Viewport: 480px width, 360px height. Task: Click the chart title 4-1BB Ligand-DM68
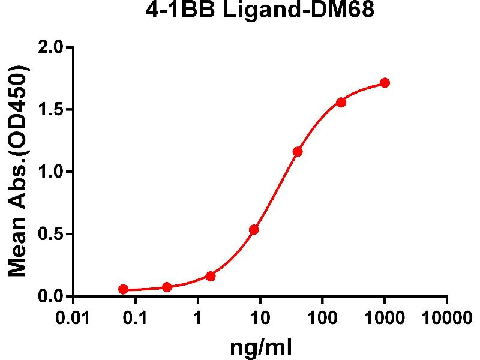pos(260,11)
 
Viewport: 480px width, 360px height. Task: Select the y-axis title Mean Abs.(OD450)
pos(19,172)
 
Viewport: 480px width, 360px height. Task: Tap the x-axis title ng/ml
pos(260,346)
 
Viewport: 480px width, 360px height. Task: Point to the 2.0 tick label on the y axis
pos(52,47)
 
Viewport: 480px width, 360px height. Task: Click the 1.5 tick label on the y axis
pos(52,109)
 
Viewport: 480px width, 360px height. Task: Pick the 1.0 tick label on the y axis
pos(52,172)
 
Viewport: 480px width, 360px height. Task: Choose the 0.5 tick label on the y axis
pos(52,234)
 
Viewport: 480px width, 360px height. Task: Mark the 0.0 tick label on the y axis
pos(52,296)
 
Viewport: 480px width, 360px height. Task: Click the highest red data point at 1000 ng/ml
pos(385,83)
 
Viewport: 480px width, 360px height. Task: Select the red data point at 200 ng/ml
pos(341,102)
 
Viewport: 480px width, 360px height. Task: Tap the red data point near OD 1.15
pos(298,152)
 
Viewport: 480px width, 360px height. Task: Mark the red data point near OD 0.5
pos(254,230)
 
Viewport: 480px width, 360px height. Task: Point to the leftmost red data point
pos(123,289)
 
